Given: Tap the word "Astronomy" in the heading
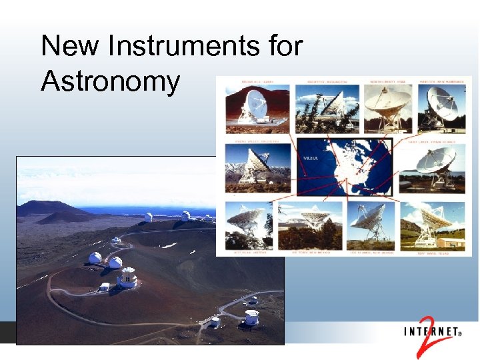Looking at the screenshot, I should click(111, 81).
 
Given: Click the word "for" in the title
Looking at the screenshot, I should click(281, 47).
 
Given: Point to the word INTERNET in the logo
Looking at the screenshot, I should click(431, 331).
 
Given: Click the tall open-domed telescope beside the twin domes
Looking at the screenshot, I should click(127, 277).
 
